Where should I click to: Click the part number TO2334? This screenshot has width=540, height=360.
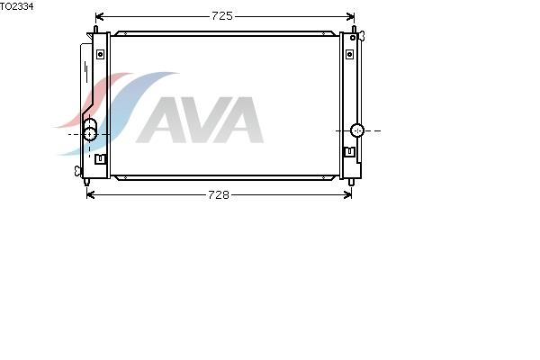click(x=16, y=6)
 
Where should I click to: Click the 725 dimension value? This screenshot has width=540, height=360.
click(x=222, y=16)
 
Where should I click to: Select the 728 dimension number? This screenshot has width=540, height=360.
click(x=219, y=195)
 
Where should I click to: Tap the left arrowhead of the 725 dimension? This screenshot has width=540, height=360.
click(x=99, y=16)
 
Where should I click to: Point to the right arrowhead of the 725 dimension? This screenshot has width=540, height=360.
click(x=351, y=16)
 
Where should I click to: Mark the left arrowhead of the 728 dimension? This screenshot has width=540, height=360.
click(x=91, y=195)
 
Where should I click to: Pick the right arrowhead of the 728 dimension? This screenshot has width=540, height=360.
click(x=347, y=195)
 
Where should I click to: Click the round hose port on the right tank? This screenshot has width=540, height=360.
click(x=357, y=130)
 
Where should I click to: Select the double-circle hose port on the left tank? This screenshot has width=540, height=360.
click(x=90, y=130)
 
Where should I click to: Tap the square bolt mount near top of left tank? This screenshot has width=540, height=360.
click(x=100, y=54)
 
